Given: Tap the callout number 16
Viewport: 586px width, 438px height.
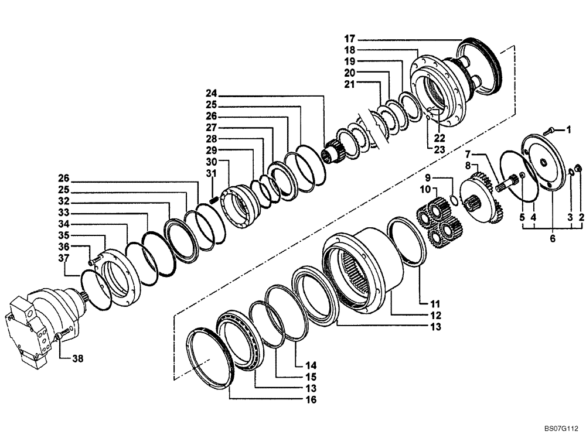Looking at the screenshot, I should (311, 400).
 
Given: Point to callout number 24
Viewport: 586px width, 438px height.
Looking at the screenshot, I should (211, 94).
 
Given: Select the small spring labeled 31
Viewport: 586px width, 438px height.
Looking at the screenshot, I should (214, 201).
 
